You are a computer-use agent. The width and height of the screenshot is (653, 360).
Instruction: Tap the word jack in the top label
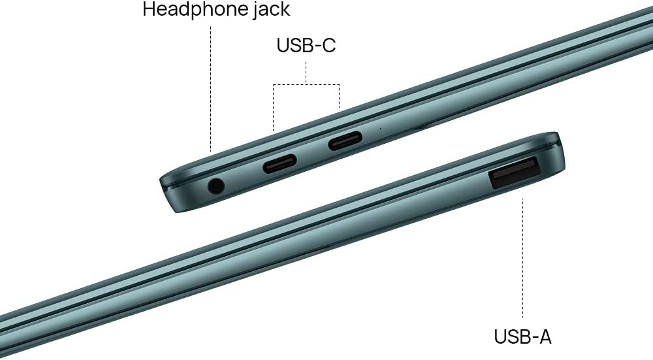point(271,10)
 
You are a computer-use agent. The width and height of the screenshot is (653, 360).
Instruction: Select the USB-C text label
point(306,45)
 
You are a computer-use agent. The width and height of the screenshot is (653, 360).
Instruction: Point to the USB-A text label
point(522,336)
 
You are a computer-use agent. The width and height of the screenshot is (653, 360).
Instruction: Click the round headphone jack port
point(215,186)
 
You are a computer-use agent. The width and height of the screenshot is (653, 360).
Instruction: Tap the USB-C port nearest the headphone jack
point(279,163)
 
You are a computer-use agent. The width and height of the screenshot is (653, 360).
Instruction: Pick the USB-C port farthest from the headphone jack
point(345,141)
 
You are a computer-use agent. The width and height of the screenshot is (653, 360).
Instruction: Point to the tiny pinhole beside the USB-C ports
point(380,129)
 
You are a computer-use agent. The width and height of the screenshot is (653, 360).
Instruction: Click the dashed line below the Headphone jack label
point(211,89)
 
